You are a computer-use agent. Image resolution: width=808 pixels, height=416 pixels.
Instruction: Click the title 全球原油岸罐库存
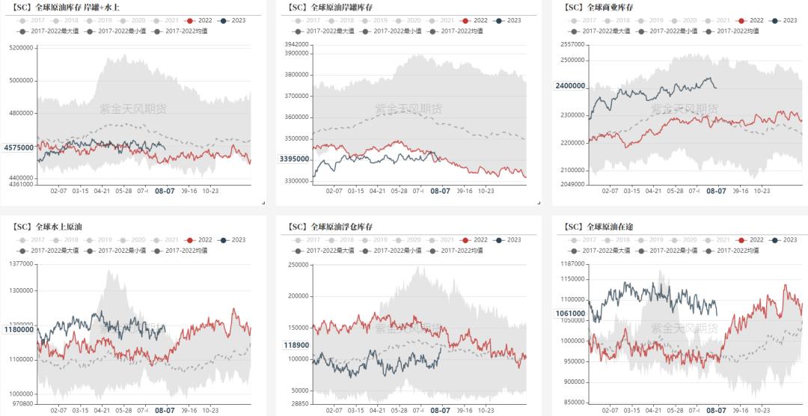(331, 7)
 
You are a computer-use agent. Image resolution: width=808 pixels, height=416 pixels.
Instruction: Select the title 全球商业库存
(602, 7)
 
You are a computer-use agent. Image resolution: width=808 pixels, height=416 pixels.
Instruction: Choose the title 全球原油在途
(602, 226)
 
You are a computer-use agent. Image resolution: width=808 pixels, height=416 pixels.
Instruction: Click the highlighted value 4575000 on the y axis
(19, 147)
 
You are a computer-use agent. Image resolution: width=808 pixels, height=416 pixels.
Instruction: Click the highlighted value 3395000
(294, 159)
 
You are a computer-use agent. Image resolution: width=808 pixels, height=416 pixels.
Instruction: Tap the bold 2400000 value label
(570, 86)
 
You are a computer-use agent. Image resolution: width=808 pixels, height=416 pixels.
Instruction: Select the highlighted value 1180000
(19, 329)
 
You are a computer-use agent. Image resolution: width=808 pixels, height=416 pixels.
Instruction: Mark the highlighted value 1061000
(570, 313)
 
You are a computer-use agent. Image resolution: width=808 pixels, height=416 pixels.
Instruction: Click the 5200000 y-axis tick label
(21, 47)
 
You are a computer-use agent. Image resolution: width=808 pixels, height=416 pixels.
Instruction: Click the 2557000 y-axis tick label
(572, 45)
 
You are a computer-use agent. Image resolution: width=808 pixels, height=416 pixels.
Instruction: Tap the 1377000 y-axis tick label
(21, 263)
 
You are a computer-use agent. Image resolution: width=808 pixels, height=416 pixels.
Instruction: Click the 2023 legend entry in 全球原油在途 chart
(784, 239)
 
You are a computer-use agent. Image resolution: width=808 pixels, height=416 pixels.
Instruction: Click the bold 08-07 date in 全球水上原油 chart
(165, 410)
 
